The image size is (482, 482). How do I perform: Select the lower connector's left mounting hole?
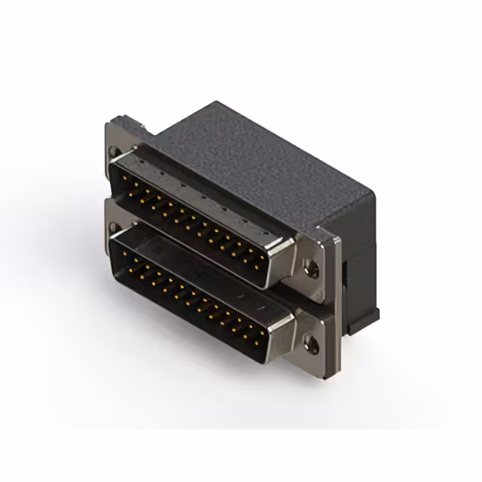pyautogui.click(x=114, y=227)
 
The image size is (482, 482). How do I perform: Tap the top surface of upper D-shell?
pyautogui.click(x=203, y=188)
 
